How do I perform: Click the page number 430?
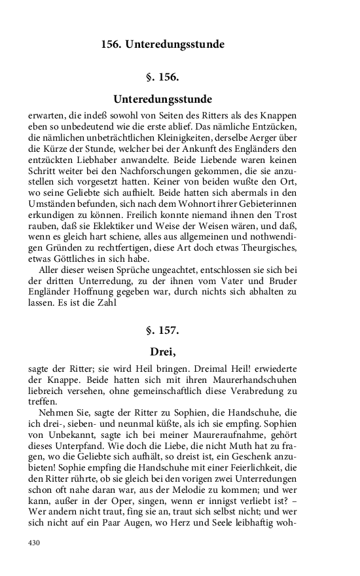coord(35,543)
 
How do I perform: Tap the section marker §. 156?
coord(162,77)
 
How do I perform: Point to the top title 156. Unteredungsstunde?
coord(162,45)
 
